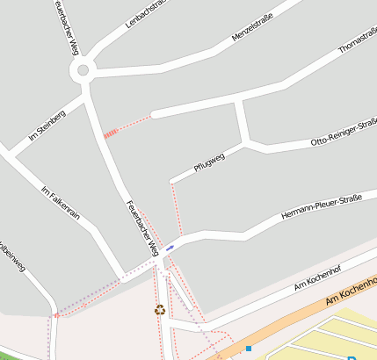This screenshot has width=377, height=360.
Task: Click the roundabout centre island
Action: pyautogui.click(x=83, y=71)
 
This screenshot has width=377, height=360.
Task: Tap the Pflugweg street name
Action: pyautogui.click(x=209, y=162)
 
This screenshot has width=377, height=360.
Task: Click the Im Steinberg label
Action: pyautogui.click(x=47, y=125)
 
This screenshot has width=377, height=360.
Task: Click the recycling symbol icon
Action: pyautogui.click(x=159, y=308)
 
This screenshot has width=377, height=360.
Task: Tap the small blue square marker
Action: pyautogui.click(x=249, y=349)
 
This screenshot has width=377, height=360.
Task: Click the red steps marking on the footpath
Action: pyautogui.click(x=111, y=133)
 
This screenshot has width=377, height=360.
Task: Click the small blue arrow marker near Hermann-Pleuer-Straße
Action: pyautogui.click(x=169, y=248)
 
